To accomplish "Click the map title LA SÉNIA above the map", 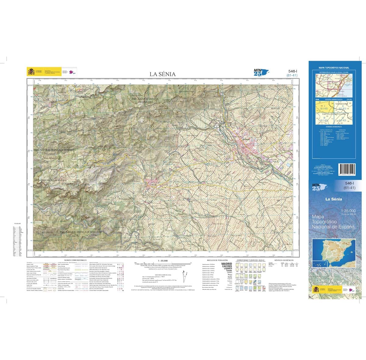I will point(162,74).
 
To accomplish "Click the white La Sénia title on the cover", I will point(333,199).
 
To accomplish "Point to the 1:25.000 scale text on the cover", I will point(348,211).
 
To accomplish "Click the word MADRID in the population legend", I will point(226,264).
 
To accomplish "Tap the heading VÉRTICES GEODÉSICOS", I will point(283,260).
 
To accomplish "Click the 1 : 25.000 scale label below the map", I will point(163,261).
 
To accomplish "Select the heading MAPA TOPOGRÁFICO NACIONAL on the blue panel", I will point(334,68).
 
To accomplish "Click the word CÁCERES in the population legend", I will point(226,266).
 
